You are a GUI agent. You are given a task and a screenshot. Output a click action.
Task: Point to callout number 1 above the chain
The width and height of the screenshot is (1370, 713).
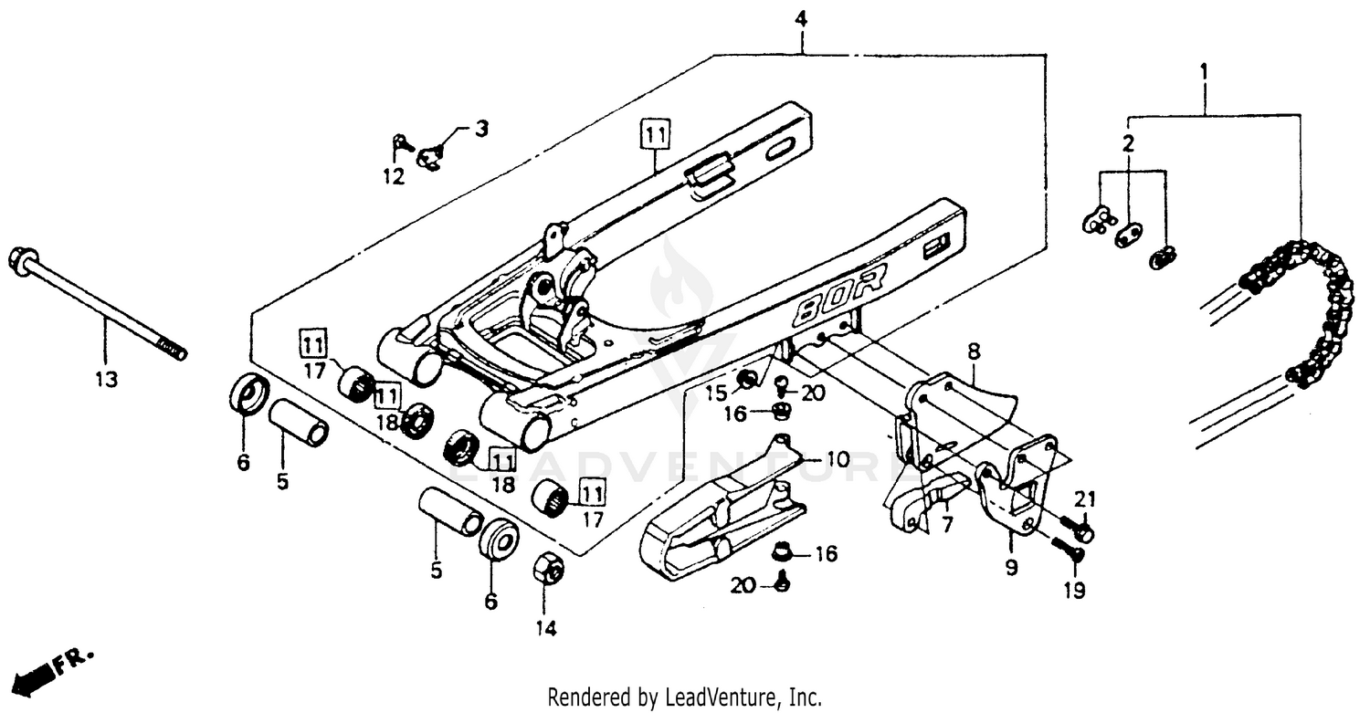tap(1204, 69)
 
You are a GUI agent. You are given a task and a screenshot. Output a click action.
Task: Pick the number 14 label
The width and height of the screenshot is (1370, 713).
tap(545, 628)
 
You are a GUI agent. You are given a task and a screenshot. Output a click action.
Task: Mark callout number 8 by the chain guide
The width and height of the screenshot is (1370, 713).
tap(974, 350)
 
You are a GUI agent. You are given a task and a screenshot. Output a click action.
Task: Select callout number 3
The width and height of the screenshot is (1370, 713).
tap(480, 129)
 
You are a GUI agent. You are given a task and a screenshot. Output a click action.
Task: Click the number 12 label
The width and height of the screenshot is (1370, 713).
tap(394, 177)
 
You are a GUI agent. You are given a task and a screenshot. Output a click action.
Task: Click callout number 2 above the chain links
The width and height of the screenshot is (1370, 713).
tap(1129, 142)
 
